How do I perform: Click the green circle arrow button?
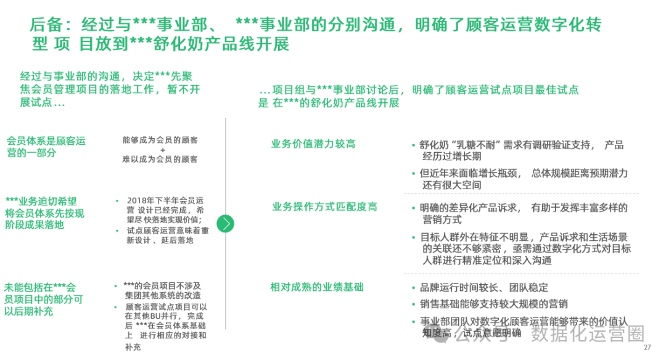click(227, 223)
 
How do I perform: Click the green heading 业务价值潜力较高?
click(313, 144)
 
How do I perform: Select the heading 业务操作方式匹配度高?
click(324, 207)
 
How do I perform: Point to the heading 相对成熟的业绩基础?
click(317, 287)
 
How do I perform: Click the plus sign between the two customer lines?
click(162, 150)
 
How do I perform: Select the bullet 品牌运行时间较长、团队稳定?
click(483, 288)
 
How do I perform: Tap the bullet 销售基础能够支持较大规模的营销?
click(493, 304)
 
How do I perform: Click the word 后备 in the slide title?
click(42, 25)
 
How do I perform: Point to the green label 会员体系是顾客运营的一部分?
click(46, 147)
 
